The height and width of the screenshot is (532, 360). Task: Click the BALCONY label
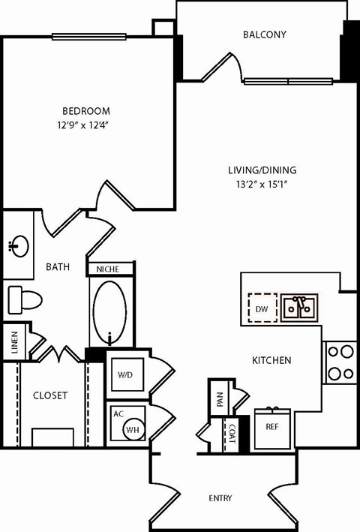click(265, 35)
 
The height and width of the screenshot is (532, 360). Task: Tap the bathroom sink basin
click(19, 245)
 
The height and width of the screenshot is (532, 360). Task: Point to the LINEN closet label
click(13, 342)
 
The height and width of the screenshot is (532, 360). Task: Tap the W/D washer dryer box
click(124, 374)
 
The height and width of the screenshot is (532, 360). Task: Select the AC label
click(118, 413)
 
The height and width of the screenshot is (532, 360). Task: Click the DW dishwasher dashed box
click(262, 307)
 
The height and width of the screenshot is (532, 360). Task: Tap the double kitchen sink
click(299, 307)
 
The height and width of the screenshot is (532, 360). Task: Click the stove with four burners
click(341, 362)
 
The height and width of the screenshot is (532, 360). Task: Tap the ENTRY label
click(220, 498)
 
